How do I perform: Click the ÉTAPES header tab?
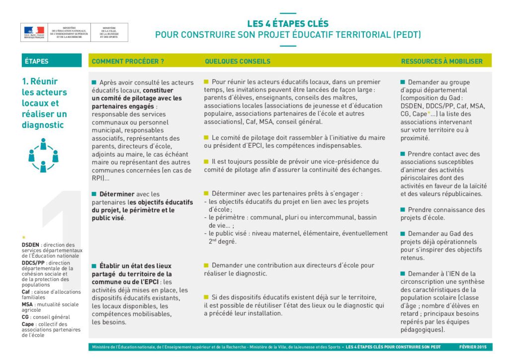pos(36,61)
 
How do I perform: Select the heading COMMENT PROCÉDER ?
pos(128,61)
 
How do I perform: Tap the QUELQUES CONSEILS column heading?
pos(238,61)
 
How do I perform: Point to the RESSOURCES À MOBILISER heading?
pos(441,61)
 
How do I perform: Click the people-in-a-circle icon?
pos(43,155)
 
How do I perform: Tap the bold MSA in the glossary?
pos(28,304)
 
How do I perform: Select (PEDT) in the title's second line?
pos(407,35)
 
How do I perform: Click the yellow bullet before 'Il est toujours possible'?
pos(206,162)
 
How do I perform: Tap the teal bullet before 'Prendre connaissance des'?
pos(403,210)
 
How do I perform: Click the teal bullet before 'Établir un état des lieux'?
pos(94,266)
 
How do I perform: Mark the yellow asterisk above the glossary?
pos(23,237)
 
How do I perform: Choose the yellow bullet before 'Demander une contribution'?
pos(206,265)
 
